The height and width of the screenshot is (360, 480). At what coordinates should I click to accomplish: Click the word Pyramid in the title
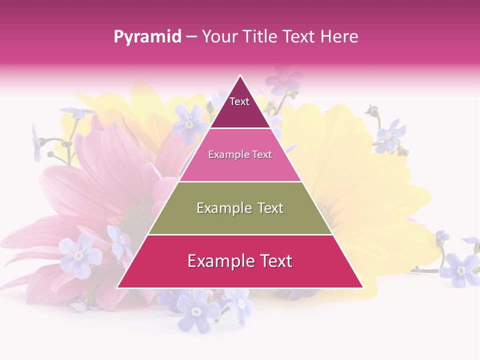147,37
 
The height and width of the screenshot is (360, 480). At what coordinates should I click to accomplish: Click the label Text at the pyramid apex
239,101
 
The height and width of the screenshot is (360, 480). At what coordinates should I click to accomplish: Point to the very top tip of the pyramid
240,75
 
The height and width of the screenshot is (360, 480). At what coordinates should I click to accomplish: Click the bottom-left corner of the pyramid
117,287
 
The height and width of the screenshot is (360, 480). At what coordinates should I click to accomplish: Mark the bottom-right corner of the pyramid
362,287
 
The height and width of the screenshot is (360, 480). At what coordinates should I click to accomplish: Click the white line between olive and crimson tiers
240,234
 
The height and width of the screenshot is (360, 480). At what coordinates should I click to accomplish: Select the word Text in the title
299,37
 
